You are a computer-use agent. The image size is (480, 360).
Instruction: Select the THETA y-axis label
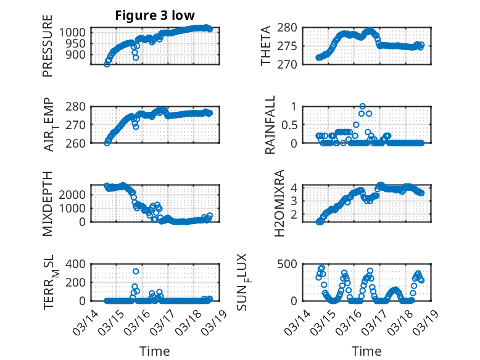point(266,46)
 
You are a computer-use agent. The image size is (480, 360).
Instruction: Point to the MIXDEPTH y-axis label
point(48,203)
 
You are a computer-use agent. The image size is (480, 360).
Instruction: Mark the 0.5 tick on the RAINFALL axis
point(294,125)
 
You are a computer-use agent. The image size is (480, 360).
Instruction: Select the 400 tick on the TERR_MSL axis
point(79,264)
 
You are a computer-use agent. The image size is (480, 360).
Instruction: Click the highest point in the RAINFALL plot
point(363,106)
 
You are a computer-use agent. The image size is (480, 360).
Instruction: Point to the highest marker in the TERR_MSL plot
point(136,271)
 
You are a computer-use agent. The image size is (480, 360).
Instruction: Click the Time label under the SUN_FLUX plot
point(366,351)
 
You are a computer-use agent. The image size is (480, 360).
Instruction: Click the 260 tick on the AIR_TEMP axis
point(79,143)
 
